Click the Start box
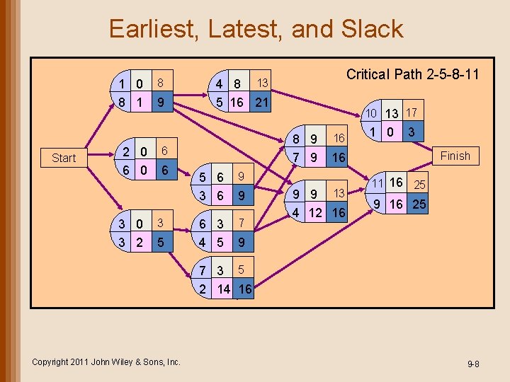point(64,158)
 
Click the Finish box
point(455,156)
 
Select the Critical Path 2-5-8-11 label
point(412,74)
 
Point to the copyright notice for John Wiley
point(106,361)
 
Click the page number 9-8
point(473,364)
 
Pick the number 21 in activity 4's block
point(261,103)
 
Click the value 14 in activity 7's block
point(224,289)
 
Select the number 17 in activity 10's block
point(412,112)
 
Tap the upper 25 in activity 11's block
point(419,185)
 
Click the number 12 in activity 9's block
point(315,212)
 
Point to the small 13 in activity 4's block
point(262,83)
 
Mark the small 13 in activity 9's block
point(339,193)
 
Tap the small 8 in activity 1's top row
point(161,83)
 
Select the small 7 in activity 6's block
point(242,224)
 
